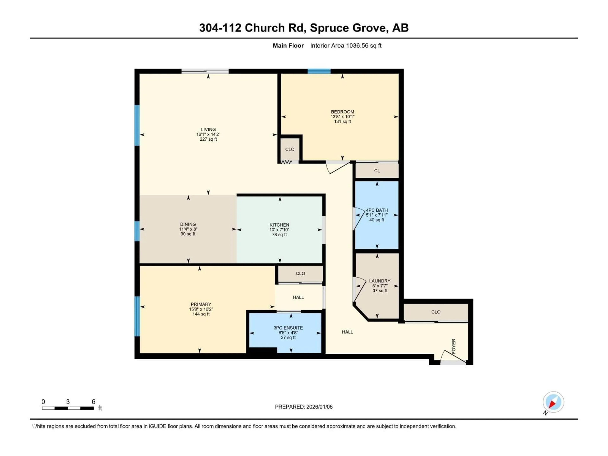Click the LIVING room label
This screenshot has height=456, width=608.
(208, 130)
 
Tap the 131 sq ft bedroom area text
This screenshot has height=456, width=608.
(342, 121)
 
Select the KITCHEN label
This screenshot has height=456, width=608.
(279, 225)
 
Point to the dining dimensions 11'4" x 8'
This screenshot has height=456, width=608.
(188, 229)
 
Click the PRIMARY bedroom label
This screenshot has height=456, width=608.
(201, 304)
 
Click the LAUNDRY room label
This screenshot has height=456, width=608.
(380, 281)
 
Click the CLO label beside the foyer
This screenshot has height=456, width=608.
(436, 312)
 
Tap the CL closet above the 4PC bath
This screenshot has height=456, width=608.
(377, 171)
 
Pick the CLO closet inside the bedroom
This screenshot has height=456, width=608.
(290, 149)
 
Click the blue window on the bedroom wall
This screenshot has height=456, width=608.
(319, 71)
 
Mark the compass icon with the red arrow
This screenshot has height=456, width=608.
(553, 402)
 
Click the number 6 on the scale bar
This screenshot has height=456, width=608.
(93, 402)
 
